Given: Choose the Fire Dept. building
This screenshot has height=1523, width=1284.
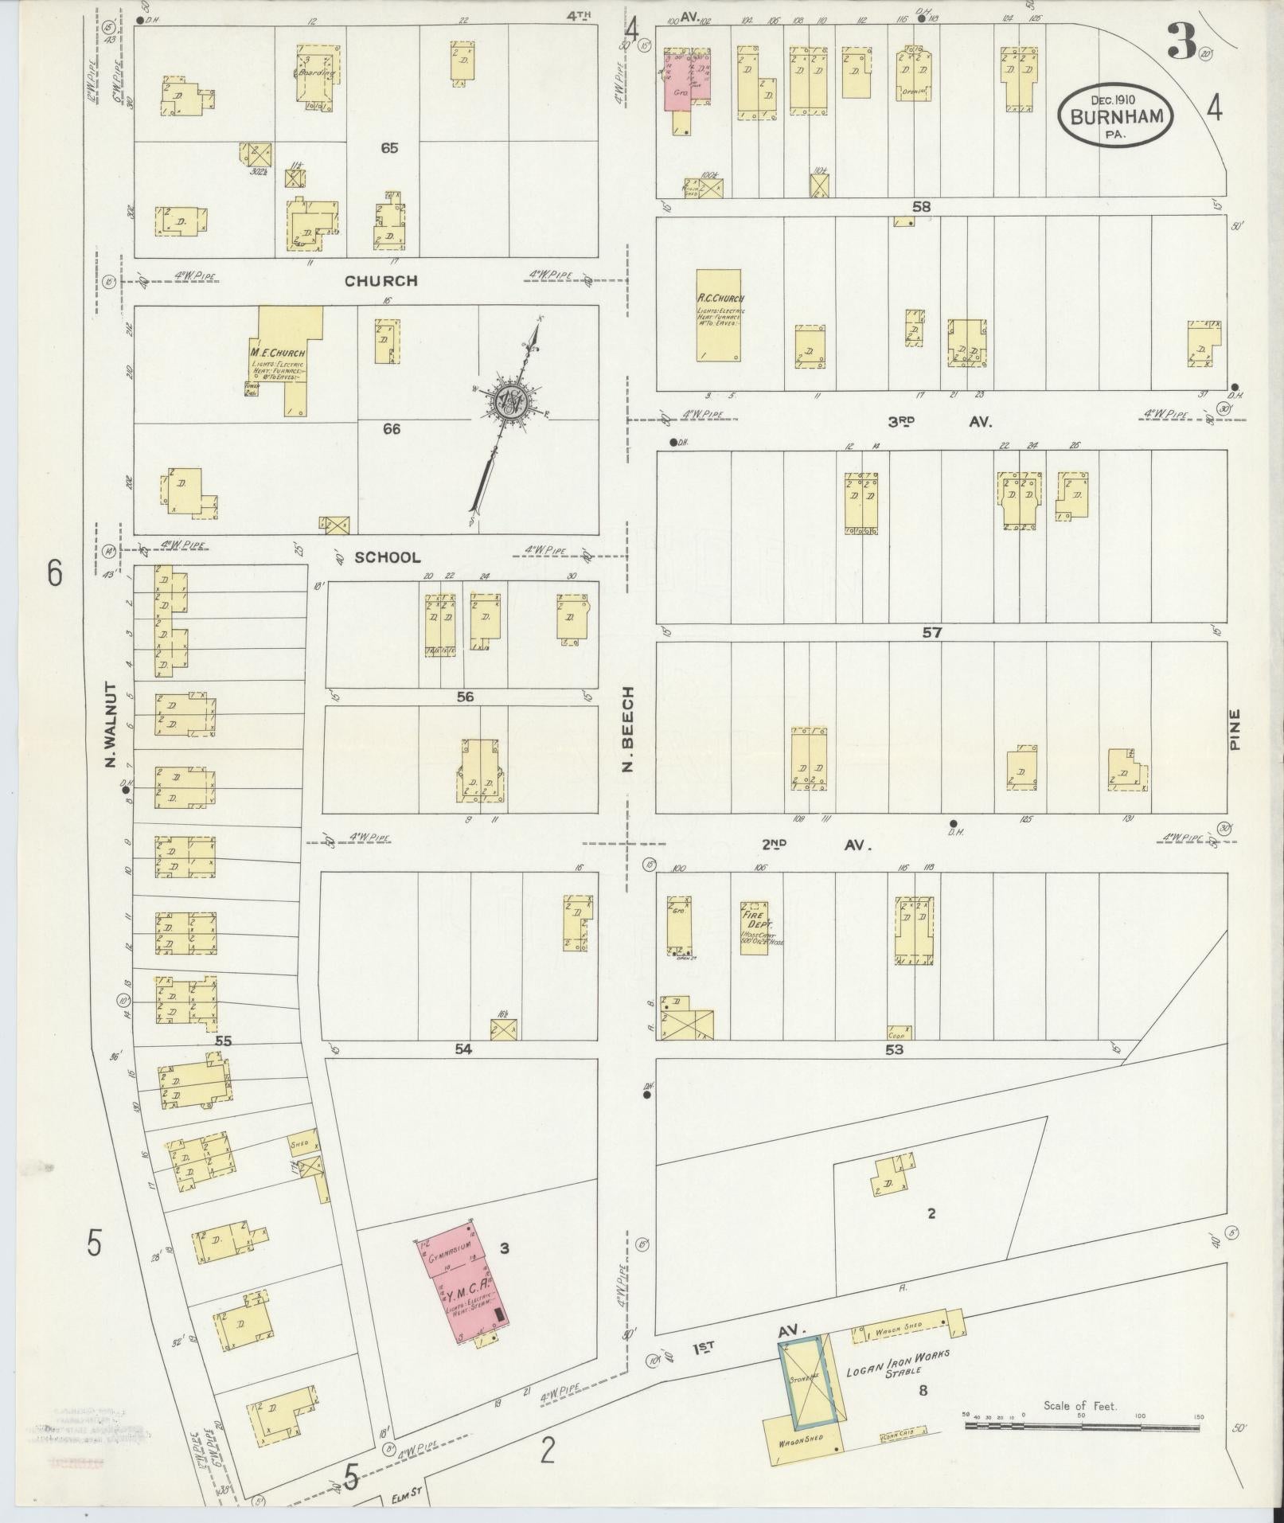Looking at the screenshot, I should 754,927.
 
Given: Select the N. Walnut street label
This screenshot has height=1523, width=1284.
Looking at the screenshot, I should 111,725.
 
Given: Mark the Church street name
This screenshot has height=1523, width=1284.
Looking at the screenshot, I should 381,281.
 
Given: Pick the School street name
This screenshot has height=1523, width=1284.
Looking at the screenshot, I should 387,557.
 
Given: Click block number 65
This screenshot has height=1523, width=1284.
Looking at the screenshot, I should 389,148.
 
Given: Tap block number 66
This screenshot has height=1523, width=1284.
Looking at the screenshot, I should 391,429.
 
